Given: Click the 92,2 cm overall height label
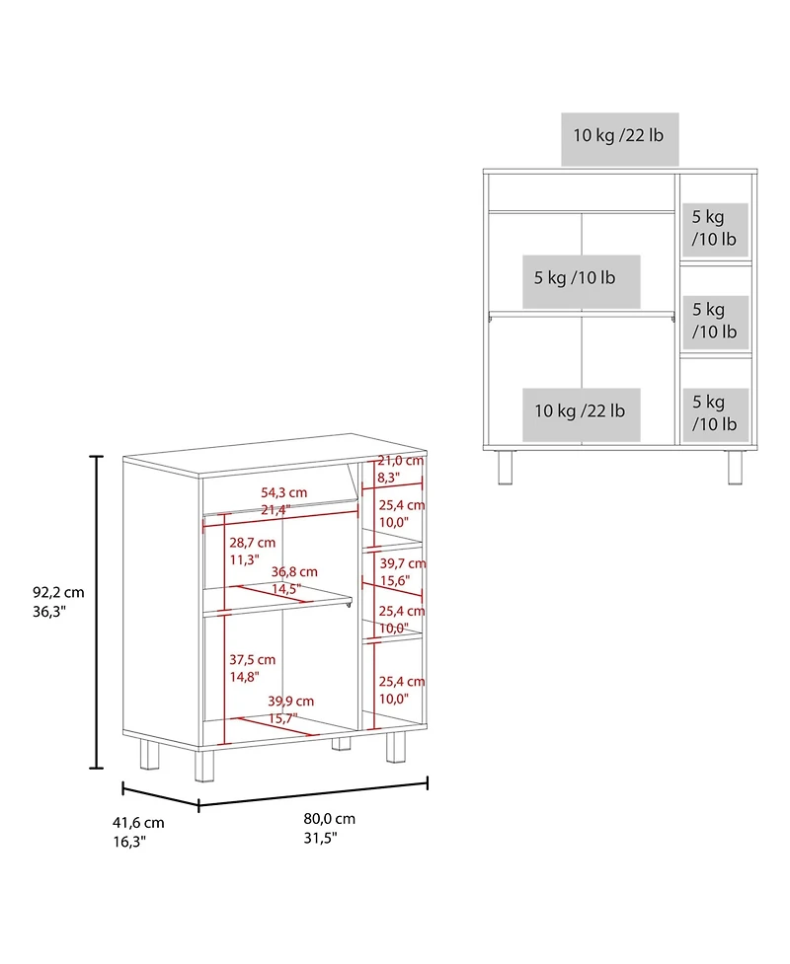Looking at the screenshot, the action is (x=58, y=593).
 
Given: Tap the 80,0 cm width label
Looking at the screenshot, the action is (x=329, y=819).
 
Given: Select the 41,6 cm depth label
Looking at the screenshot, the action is (x=138, y=823).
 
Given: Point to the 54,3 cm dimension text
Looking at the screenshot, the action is (x=283, y=492).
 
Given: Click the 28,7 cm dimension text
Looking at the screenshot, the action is (x=252, y=543).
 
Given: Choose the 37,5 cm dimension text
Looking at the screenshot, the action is (x=252, y=660).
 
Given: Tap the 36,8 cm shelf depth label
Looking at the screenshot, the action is (x=294, y=571).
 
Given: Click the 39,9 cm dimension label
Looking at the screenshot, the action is (x=291, y=701).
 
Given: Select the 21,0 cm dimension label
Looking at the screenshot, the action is (x=401, y=461).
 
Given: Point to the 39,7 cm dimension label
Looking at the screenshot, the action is (x=402, y=563).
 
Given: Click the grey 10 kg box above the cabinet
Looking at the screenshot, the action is (x=619, y=139).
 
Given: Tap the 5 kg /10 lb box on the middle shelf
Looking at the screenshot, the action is (x=582, y=281).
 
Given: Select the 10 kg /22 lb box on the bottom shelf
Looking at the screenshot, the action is (x=582, y=414).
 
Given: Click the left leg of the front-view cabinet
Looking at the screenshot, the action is (x=506, y=468).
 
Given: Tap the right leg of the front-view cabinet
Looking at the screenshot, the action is (x=736, y=468).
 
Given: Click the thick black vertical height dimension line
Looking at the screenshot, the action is (x=96, y=613).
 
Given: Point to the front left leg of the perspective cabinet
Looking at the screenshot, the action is (x=204, y=766).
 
